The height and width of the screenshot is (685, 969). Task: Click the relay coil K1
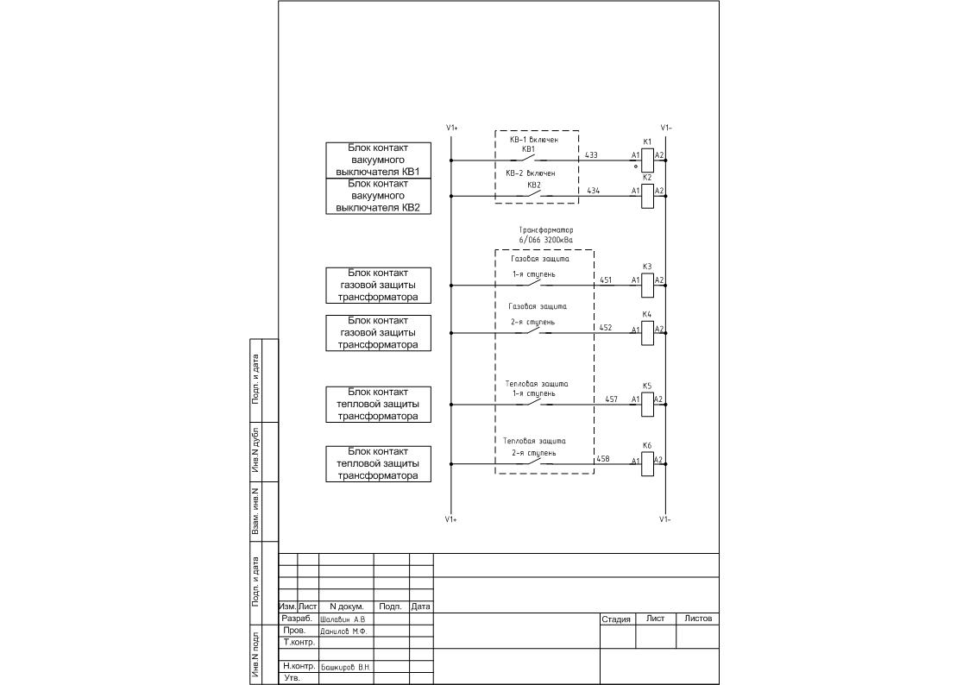647,160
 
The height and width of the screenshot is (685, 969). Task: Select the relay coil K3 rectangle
647,285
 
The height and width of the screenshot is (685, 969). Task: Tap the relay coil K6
647,464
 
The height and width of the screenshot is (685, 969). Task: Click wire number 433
591,155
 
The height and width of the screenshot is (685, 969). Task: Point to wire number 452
606,328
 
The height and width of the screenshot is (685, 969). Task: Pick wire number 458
603,459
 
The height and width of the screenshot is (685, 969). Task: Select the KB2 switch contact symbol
533,195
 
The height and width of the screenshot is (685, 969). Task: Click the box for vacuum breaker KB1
378,160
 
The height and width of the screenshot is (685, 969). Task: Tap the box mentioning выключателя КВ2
378,196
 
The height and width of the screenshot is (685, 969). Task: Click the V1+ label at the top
451,128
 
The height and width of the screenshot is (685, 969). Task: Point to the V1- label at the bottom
665,519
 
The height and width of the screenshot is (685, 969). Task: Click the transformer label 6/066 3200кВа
545,240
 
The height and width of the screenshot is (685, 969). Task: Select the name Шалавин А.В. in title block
343,619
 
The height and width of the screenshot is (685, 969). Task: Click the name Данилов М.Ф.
343,632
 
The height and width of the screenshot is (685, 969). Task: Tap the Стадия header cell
616,619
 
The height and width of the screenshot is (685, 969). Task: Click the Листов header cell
698,619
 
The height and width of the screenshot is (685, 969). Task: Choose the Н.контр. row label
299,667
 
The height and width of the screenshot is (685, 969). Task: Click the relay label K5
647,386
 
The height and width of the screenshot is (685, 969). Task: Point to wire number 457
611,399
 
